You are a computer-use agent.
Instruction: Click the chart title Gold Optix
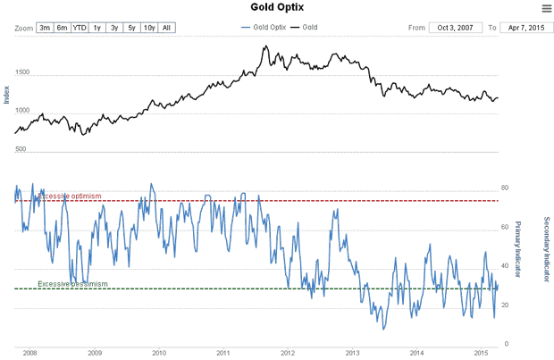point(277,7)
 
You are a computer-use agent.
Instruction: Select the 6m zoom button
point(62,28)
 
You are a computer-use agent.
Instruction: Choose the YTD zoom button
point(80,28)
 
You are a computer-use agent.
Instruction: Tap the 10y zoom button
point(149,28)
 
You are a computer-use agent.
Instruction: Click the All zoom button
point(167,28)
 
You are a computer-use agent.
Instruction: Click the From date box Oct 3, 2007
point(455,28)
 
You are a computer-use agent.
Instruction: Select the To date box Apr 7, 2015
point(523,28)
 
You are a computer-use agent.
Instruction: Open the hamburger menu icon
point(546,8)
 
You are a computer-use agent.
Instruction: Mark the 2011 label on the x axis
point(223,353)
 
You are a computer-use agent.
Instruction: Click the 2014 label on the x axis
point(415,353)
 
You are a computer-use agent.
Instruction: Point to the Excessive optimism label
point(69,197)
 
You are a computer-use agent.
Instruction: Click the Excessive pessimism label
point(72,284)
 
